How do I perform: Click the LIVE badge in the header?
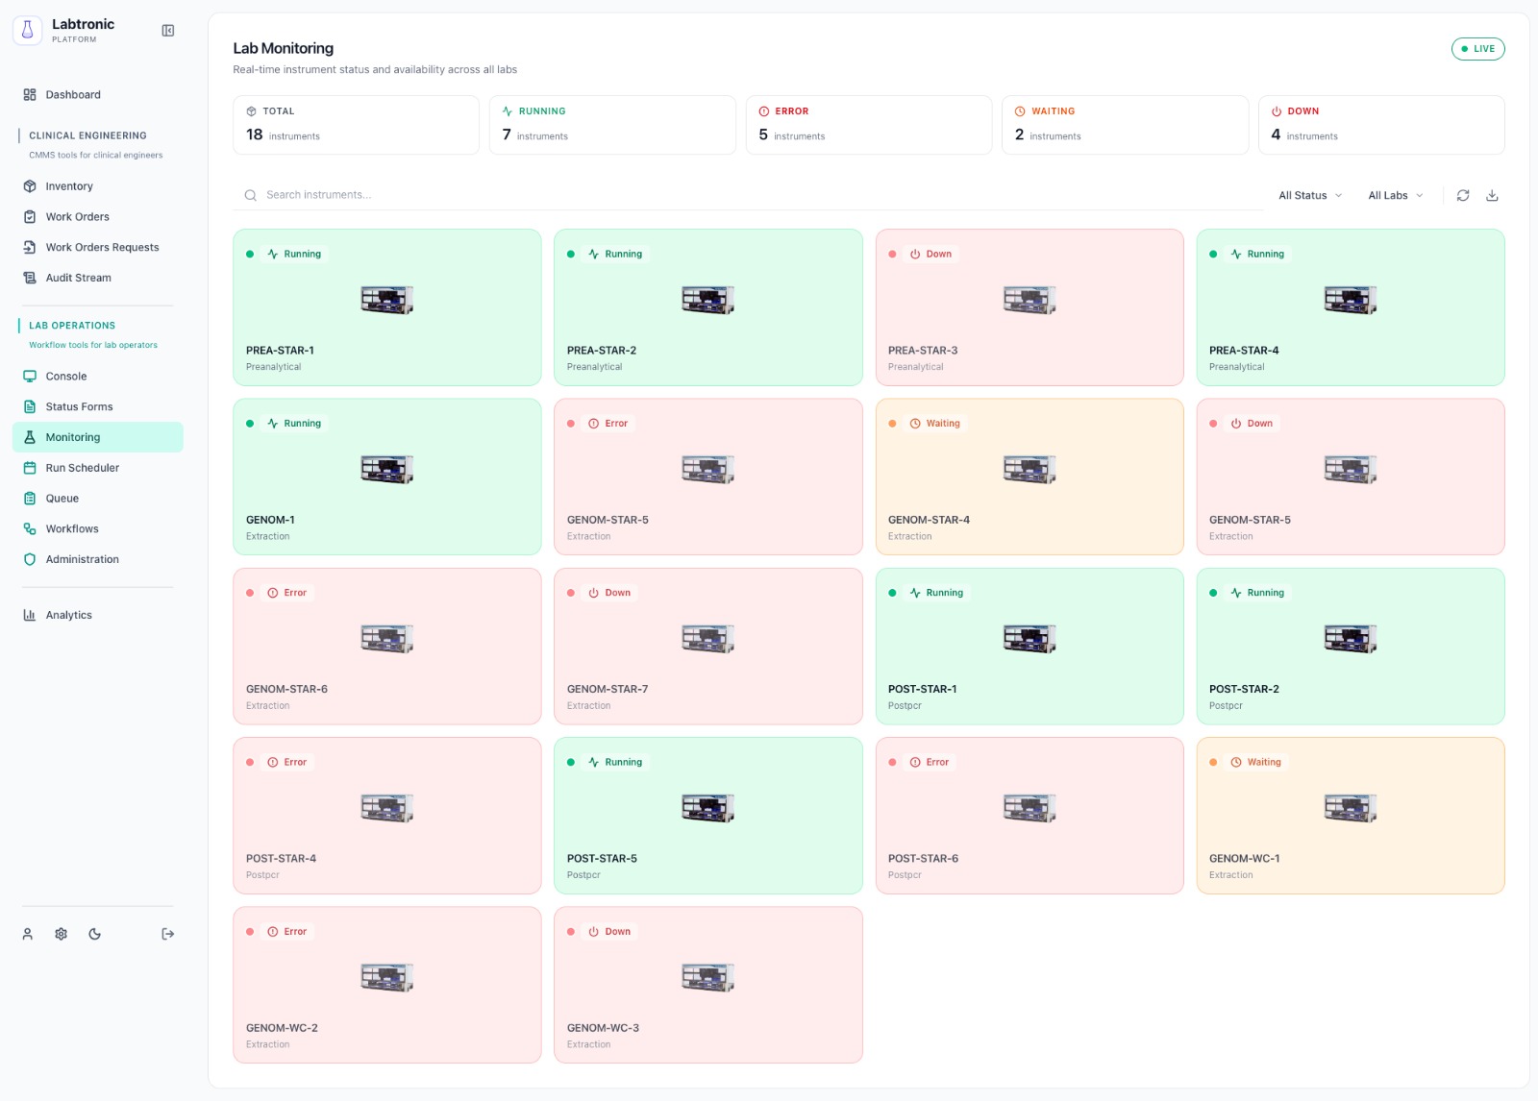(1477, 49)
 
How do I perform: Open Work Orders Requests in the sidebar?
(101, 248)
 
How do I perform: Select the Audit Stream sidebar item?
(78, 279)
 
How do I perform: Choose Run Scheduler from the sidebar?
(82, 468)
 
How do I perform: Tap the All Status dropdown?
(1309, 196)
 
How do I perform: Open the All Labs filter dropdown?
(1395, 196)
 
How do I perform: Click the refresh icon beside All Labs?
(1463, 196)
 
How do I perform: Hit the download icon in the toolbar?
(1492, 196)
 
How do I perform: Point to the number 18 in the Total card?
(254, 135)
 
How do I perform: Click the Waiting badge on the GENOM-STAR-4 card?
(935, 424)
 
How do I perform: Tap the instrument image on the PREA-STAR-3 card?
(1029, 300)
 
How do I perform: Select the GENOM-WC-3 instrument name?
(603, 1028)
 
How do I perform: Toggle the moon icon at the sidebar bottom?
(94, 934)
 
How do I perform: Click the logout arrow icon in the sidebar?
(168, 934)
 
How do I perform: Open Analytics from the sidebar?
(68, 616)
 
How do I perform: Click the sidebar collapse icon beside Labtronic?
(168, 31)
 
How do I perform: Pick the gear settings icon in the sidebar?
(61, 934)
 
